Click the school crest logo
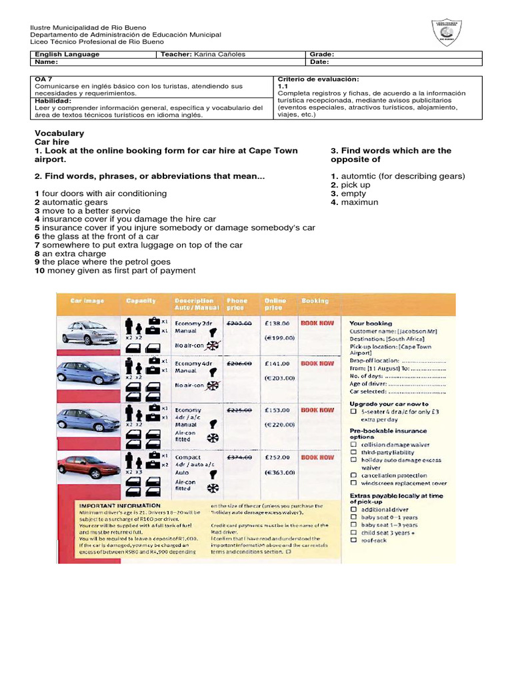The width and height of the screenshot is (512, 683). click(x=447, y=31)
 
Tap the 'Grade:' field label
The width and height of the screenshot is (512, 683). click(x=322, y=54)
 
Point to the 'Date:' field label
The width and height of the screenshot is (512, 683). click(x=320, y=62)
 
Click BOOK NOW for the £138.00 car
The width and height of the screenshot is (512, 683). click(x=317, y=323)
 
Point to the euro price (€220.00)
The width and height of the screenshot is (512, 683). click(x=279, y=424)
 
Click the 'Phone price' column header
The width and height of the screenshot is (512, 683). click(x=237, y=304)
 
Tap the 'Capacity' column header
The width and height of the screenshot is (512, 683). click(x=141, y=301)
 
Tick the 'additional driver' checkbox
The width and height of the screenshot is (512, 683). click(x=353, y=510)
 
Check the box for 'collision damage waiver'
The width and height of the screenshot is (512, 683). click(x=353, y=444)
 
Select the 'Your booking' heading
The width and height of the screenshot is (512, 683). click(x=371, y=323)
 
